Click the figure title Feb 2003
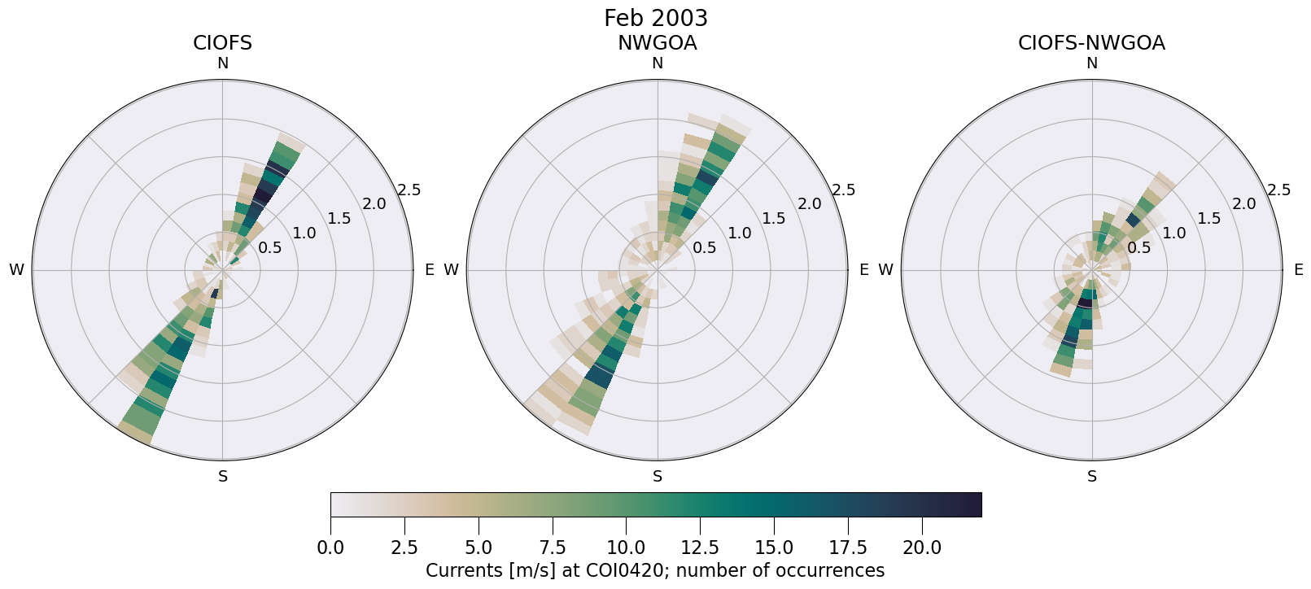655,18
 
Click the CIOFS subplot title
222,43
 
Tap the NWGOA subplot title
657,43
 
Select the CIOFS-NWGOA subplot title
1091,43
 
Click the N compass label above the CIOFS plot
222,63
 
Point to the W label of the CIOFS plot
16,270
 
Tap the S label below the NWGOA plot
658,477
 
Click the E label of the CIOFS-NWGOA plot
1299,270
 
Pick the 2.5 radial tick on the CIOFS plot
409,190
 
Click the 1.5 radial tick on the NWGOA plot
774,218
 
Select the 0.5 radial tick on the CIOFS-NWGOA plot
1139,247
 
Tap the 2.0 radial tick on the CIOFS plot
374,204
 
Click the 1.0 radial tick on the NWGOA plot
740,233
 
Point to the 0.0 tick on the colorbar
330,548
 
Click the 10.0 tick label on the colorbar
626,548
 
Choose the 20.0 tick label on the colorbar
922,548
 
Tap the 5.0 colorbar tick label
479,548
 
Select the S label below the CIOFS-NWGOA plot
1092,477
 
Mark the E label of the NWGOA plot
864,270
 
